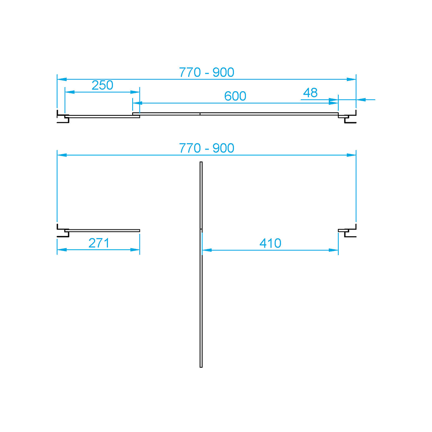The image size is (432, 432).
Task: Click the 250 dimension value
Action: (x=102, y=85)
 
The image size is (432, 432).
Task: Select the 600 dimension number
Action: (x=235, y=96)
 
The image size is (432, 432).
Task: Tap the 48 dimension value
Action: (x=310, y=92)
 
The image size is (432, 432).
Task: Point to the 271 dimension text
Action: (x=99, y=243)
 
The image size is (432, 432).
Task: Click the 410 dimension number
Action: (x=270, y=243)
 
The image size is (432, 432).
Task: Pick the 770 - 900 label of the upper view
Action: (x=206, y=73)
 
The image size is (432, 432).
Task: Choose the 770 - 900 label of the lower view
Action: (x=206, y=148)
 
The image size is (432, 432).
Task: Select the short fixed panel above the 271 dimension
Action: (x=104, y=230)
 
